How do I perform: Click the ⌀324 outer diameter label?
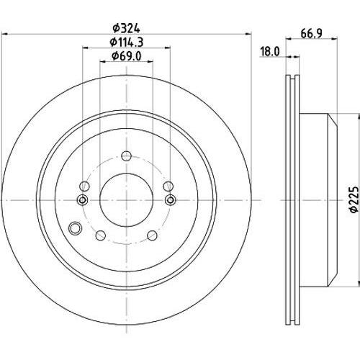(127, 29)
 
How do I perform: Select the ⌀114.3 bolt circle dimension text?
(127, 42)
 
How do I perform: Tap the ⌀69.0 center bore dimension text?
(127, 56)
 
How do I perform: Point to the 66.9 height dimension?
(311, 34)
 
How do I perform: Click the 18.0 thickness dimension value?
(270, 52)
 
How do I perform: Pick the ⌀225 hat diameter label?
(354, 199)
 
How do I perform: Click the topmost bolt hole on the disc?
(126, 156)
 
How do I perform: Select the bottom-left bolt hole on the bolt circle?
(101, 235)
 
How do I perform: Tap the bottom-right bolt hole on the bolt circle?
(152, 235)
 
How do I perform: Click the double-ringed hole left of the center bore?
(83, 199)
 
